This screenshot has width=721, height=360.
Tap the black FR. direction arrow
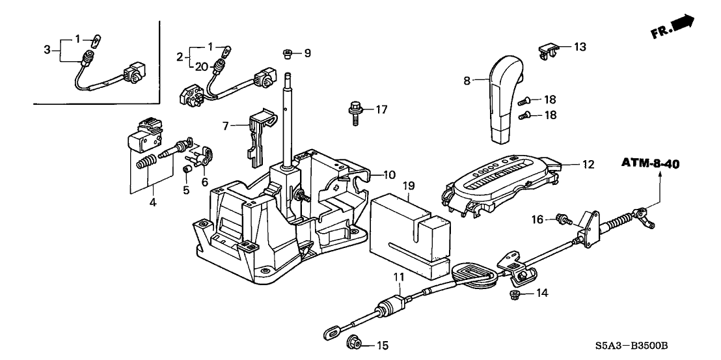(x=683, y=24)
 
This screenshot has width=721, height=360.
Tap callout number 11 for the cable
(x=400, y=277)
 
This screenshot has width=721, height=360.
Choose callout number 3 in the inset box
(x=48, y=50)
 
